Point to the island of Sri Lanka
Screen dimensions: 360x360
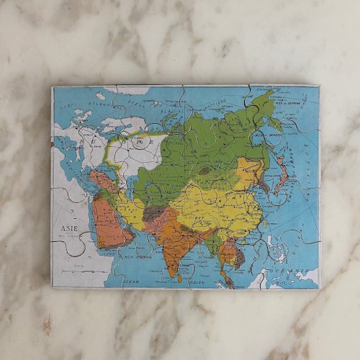pyautogui.click(x=184, y=277)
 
